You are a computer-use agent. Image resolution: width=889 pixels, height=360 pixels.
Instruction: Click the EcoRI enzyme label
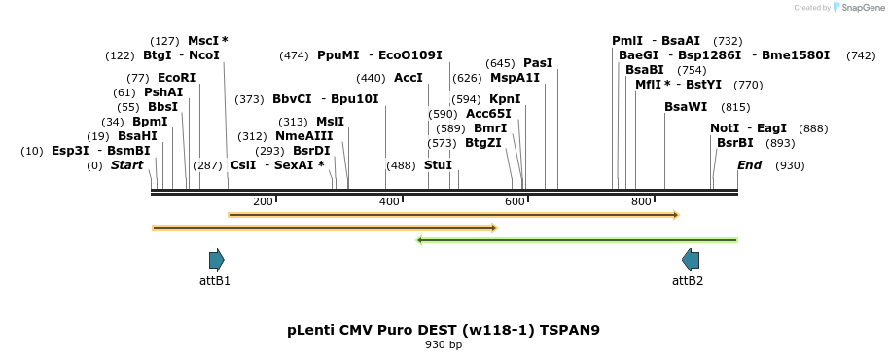coord(176,78)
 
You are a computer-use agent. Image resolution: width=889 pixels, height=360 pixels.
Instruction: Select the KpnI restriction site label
coord(505,99)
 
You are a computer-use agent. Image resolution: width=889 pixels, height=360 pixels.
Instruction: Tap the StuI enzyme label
coord(439,165)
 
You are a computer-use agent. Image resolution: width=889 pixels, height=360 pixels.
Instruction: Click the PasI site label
coord(538,63)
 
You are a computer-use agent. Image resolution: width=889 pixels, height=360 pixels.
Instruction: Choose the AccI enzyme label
coord(409,78)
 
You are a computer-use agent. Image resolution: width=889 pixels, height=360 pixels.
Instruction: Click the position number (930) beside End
coord(790,165)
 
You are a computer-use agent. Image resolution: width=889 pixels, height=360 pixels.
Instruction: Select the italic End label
coord(750,165)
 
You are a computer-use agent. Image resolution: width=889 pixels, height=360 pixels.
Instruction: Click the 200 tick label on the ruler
coord(263,201)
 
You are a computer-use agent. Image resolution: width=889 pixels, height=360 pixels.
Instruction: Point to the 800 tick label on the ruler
coord(642,201)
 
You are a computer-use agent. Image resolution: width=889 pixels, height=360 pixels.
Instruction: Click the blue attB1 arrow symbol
coord(217,260)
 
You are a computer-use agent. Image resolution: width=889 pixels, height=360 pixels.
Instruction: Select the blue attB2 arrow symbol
coord(691,260)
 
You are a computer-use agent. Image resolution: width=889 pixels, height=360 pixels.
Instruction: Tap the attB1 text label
coord(215,280)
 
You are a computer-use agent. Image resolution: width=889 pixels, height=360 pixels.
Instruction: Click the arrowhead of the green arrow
coord(418,240)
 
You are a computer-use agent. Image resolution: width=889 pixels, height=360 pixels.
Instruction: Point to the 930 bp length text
coord(444,344)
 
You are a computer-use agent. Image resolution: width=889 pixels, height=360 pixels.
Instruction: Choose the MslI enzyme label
coord(330,122)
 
